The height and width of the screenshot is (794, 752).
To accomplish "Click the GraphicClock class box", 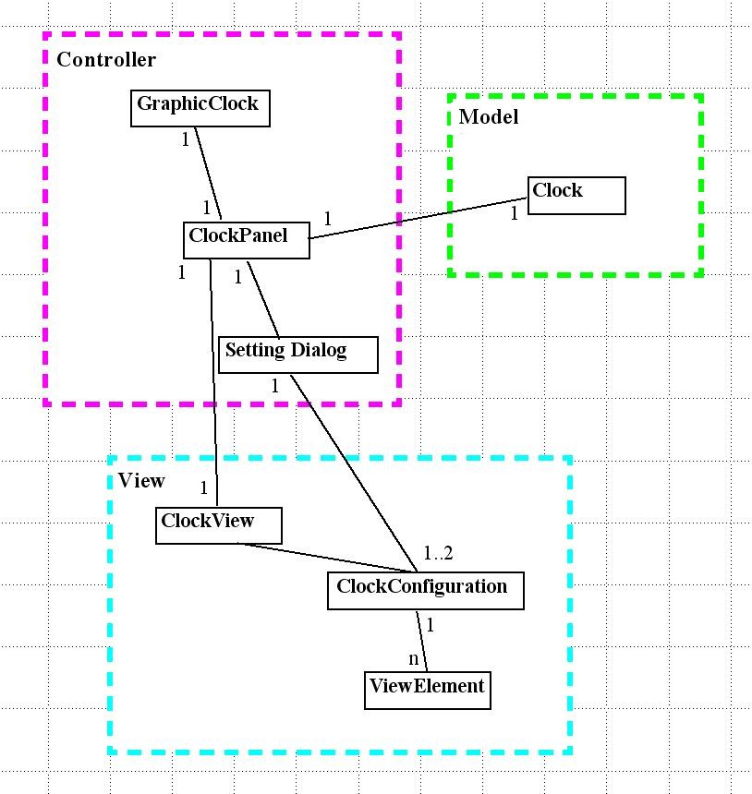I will [x=199, y=107].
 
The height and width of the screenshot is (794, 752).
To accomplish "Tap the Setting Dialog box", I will [x=297, y=355].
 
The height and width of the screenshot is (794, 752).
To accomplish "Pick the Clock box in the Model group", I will [x=576, y=195].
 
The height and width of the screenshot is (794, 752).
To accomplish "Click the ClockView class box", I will [x=218, y=525].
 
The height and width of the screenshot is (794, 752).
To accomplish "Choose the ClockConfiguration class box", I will [x=425, y=591].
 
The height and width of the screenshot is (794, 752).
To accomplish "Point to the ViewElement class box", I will [x=427, y=690].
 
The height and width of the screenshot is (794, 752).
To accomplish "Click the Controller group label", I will [x=106, y=61].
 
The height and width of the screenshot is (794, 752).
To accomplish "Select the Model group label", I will [x=489, y=117].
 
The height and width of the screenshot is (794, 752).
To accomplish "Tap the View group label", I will [x=141, y=481].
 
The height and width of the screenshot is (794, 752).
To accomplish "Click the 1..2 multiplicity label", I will [x=439, y=554].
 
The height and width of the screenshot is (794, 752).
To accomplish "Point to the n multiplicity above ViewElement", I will [x=414, y=659].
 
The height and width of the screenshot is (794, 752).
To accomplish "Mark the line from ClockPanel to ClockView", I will [x=213, y=388].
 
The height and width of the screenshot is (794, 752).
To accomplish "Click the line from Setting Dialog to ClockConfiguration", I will [x=351, y=471].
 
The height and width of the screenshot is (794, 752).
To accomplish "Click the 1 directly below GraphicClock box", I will [x=185, y=139].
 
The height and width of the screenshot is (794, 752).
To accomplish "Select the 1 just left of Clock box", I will [x=515, y=213].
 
